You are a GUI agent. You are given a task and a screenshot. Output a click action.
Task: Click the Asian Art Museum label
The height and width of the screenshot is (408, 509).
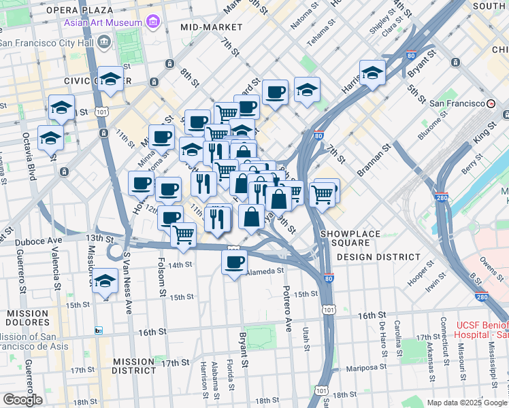(x=103, y=22)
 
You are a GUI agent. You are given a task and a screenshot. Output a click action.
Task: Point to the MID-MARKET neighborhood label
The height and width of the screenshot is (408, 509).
(x=212, y=27)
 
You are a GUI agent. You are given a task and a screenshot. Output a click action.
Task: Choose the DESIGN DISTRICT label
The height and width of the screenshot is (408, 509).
(x=378, y=256)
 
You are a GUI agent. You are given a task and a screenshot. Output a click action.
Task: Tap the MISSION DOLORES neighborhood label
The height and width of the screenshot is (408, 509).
(x=28, y=318)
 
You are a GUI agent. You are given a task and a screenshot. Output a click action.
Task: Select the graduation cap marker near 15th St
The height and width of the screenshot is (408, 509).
(x=105, y=281)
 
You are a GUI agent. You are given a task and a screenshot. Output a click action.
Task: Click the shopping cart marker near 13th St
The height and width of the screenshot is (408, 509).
(x=183, y=235)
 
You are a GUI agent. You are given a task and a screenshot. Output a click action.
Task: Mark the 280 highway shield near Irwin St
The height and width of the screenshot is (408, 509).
(x=482, y=297)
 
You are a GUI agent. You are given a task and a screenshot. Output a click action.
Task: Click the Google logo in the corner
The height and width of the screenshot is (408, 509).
(x=22, y=400)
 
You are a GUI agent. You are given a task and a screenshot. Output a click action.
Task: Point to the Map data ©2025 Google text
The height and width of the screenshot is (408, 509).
(x=466, y=403)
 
